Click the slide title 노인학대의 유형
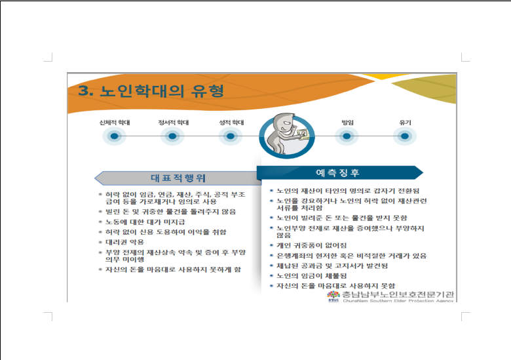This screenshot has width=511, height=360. pyautogui.click(x=162, y=91)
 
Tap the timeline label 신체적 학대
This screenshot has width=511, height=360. pyautogui.click(x=115, y=123)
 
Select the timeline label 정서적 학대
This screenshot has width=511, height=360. pyautogui.click(x=174, y=123)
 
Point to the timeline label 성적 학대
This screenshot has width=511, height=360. pyautogui.click(x=231, y=123)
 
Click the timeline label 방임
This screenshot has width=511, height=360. pyautogui.click(x=347, y=123)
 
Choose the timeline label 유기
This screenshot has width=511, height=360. pyautogui.click(x=405, y=123)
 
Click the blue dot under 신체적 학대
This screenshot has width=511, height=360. pyautogui.click(x=115, y=136)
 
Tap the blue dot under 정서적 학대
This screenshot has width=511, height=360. pyautogui.click(x=172, y=136)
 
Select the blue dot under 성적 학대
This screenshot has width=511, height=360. pyautogui.click(x=231, y=136)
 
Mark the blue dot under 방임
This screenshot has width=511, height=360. pyautogui.click(x=347, y=136)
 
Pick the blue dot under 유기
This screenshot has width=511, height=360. pyautogui.click(x=405, y=136)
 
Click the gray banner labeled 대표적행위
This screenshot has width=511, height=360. pyautogui.click(x=178, y=178)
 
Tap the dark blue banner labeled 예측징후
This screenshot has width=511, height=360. pyautogui.click(x=340, y=172)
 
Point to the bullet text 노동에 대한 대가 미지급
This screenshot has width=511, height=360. pyautogui.click(x=145, y=222)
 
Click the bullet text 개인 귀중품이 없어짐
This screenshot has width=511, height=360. pyautogui.click(x=312, y=245)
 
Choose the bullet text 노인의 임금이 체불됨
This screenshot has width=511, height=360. pyautogui.click(x=312, y=275)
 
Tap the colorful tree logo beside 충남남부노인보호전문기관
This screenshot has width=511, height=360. pyautogui.click(x=333, y=296)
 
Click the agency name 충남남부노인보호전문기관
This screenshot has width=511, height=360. pyautogui.click(x=398, y=295)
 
